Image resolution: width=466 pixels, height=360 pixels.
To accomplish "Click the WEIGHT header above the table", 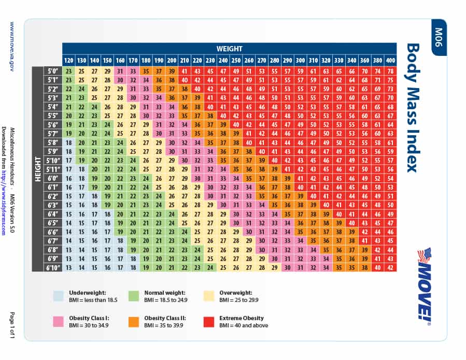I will click(229, 49).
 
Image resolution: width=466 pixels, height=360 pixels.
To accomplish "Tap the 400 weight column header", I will click(390, 60).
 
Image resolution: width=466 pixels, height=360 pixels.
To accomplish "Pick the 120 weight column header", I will click(68, 60).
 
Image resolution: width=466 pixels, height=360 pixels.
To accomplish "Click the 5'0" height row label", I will click(52, 71).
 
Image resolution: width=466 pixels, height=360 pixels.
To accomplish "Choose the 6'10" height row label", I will click(52, 267).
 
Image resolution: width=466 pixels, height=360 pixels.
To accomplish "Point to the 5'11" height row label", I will click(52, 169).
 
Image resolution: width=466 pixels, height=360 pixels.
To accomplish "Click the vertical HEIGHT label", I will click(37, 169).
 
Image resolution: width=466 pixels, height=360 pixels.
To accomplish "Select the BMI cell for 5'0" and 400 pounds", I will click(390, 71).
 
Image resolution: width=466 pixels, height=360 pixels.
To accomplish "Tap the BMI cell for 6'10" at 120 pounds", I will click(68, 267).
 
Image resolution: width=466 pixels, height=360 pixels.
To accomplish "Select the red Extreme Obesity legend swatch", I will click(209, 322).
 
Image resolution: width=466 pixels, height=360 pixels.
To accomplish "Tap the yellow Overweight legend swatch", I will click(209, 296).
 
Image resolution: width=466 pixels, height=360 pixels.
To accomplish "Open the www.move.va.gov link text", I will click(13, 47).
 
